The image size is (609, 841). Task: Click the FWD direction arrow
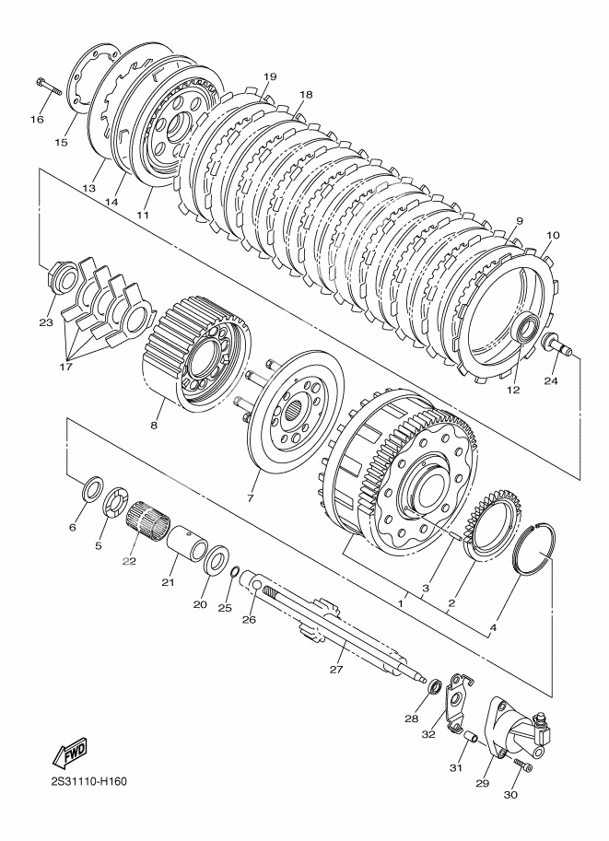69,753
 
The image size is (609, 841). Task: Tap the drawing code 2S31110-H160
89,781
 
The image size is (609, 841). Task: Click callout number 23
46,321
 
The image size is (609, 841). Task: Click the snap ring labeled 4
534,550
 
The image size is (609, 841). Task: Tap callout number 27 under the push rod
336,669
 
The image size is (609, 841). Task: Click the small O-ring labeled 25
235,573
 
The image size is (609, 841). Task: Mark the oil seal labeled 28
434,686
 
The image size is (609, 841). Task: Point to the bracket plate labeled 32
455,703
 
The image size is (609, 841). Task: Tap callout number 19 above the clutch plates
270,76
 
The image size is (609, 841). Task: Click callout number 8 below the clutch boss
154,426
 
